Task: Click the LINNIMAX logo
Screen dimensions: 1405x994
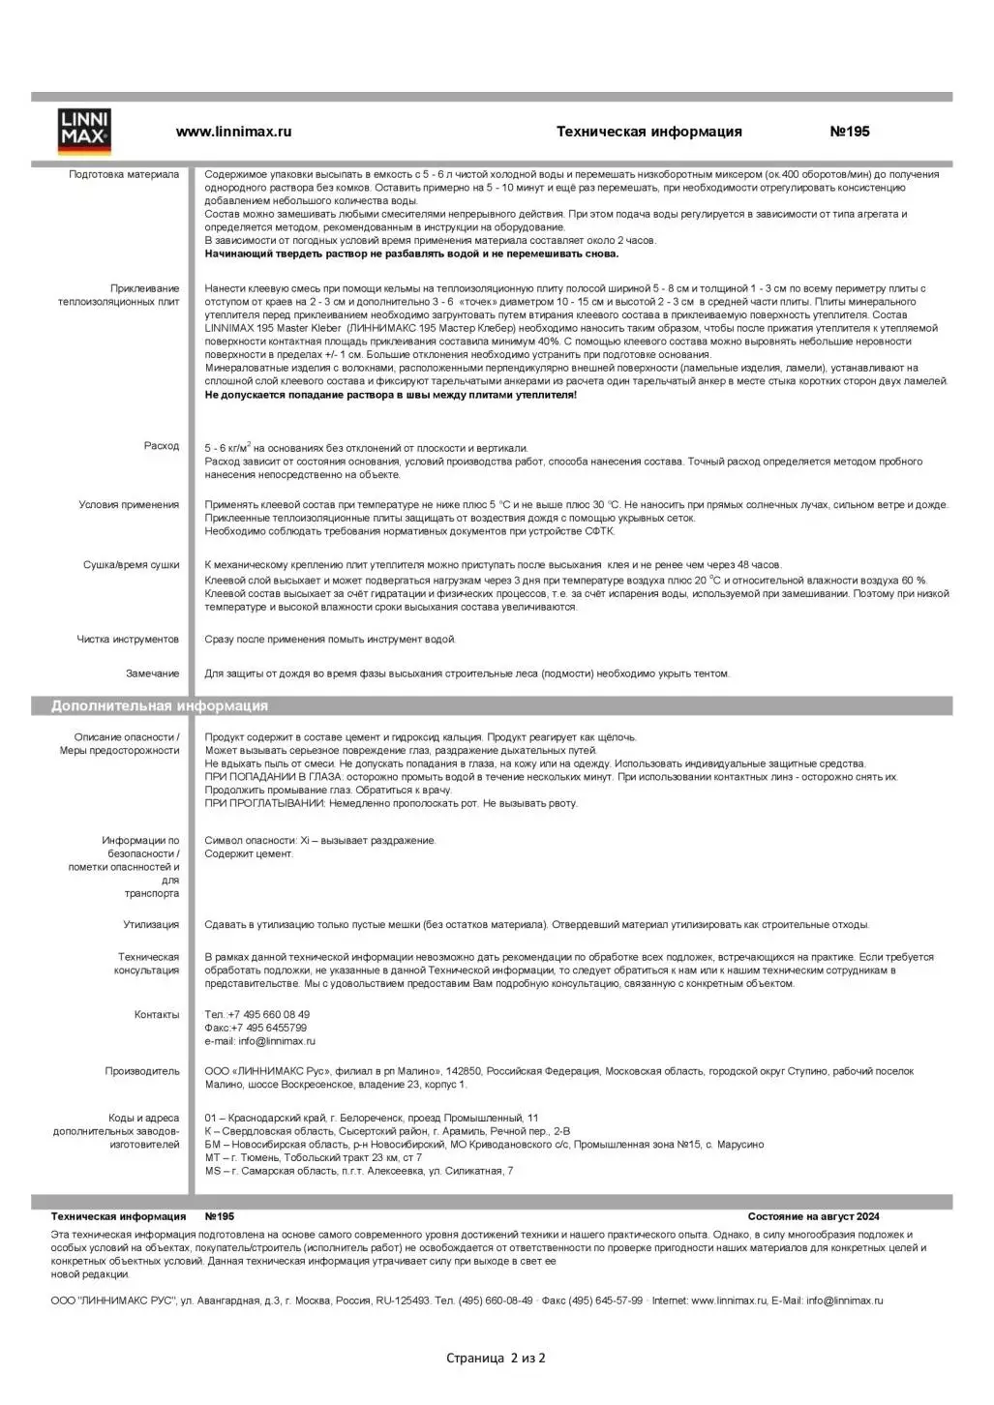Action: coord(85,133)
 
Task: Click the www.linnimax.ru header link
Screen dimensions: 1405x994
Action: coord(233,132)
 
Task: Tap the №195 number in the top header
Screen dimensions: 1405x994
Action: coord(850,132)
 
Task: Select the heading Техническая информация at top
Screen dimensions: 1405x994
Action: coord(648,132)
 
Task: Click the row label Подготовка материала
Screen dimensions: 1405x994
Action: coord(124,175)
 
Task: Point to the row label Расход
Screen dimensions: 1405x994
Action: coord(162,446)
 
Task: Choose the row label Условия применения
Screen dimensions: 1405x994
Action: coord(129,505)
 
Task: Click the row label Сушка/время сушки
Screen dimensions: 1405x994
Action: coord(131,565)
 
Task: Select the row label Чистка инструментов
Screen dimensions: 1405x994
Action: coord(128,640)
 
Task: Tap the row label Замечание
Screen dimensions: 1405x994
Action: coord(152,673)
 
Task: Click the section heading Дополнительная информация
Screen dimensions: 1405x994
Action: coord(160,706)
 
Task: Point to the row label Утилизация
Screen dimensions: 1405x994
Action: coord(151,925)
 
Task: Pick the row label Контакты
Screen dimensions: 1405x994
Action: coord(157,1015)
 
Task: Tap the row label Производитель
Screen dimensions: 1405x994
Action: coord(142,1072)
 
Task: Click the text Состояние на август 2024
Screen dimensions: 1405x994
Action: coord(813,1217)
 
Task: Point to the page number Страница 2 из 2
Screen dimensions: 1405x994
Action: coord(496,1359)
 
